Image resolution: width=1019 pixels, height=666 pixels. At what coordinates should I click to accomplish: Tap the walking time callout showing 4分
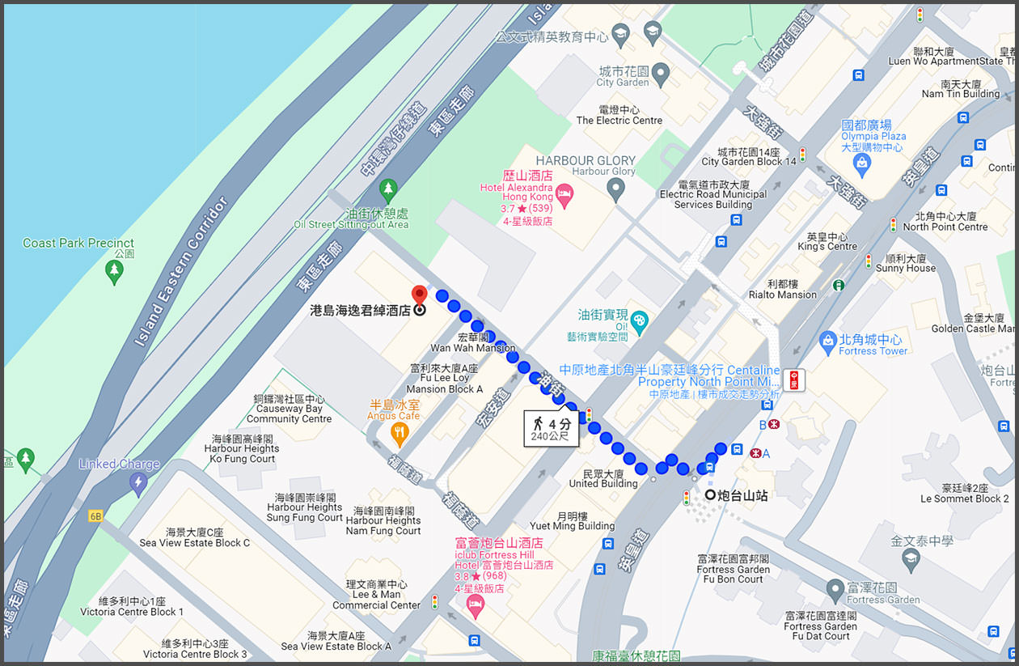(x=551, y=429)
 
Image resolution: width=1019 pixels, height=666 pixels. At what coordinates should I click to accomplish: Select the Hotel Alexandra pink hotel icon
(x=564, y=193)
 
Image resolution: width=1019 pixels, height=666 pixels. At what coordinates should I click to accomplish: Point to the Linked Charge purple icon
(x=137, y=484)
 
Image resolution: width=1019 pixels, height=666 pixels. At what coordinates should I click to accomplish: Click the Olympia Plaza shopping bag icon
(x=862, y=166)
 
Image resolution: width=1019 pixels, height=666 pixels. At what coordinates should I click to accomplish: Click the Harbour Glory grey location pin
(x=616, y=190)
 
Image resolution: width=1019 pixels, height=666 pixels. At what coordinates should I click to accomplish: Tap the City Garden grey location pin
(x=661, y=74)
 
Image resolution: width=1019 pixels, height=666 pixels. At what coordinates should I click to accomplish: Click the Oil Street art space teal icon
(x=639, y=320)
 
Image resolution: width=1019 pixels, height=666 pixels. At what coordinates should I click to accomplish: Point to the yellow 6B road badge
(x=96, y=515)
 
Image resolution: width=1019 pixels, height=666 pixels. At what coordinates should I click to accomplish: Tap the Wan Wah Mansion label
(x=472, y=348)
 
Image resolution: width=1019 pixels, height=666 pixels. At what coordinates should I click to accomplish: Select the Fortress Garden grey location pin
(x=835, y=591)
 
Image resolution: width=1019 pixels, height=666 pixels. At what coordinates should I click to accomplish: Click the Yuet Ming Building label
(x=573, y=525)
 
